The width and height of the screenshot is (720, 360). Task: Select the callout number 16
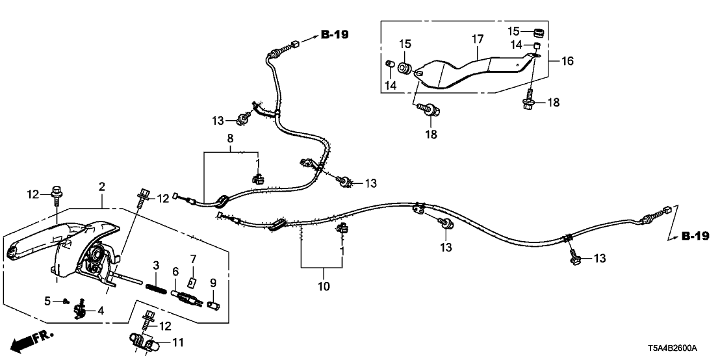click(567, 61)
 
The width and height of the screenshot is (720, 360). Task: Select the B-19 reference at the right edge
click(695, 235)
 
